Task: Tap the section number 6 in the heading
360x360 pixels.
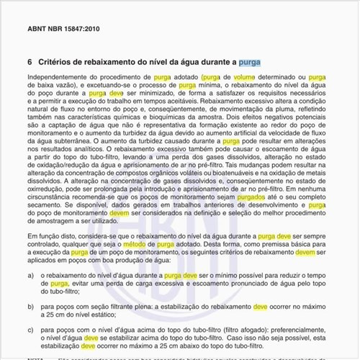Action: point(29,62)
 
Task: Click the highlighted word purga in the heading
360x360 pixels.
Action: point(251,62)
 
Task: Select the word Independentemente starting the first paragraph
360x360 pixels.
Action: point(55,76)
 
